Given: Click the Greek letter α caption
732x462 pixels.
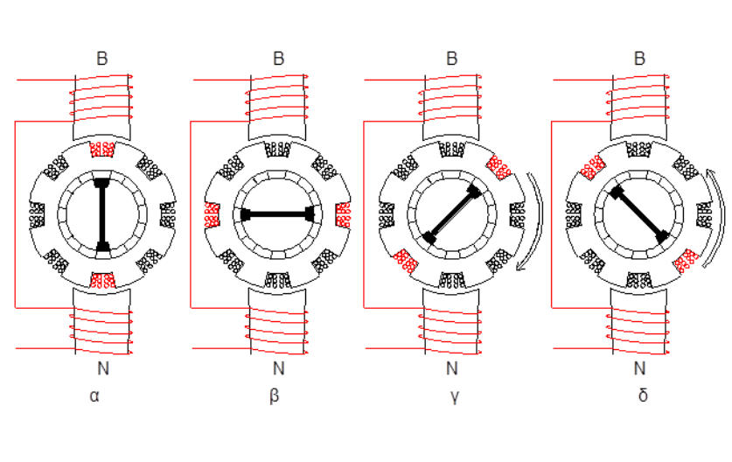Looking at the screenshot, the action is pos(94,396).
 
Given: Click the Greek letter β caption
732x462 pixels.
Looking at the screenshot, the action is pos(275,396).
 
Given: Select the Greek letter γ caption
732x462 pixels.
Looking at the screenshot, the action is pos(455,396).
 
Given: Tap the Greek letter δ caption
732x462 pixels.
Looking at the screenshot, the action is pos(643,395).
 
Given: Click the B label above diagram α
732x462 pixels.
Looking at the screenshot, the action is pos(101,59).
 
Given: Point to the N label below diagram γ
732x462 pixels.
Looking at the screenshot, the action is pos(452,368).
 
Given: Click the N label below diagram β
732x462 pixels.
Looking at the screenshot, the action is pos(278,368).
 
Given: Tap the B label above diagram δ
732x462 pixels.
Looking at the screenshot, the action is pos(639,59).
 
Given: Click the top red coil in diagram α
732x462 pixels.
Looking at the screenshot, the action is pos(101,150).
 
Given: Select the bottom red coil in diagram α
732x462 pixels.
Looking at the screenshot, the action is pos(102,280).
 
